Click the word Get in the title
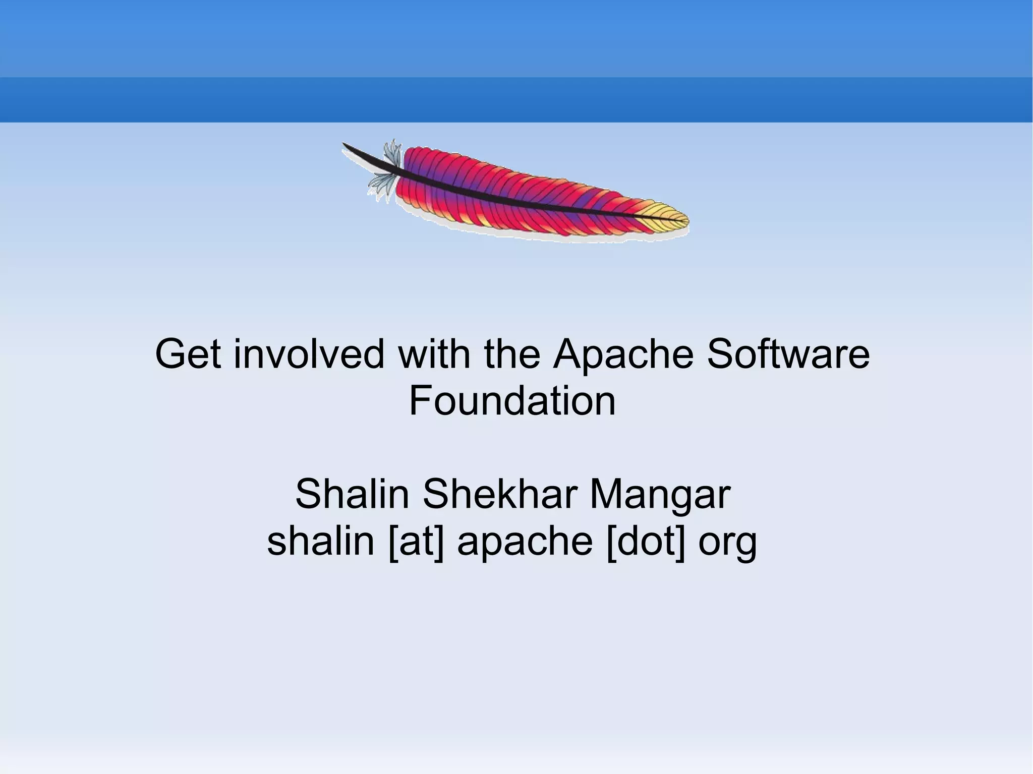(188, 354)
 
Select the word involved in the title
(309, 354)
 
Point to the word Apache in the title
(623, 355)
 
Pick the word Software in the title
(788, 354)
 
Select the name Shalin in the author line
(352, 494)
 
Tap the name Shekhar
(499, 494)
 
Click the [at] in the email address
(417, 542)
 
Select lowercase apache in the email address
(525, 542)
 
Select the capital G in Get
(170, 354)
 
